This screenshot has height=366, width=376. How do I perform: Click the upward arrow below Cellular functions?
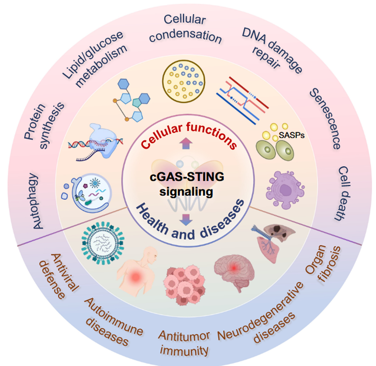pos(187,156)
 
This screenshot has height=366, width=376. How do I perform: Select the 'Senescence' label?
pos(325,119)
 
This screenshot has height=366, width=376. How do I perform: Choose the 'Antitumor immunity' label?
pos(184,342)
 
